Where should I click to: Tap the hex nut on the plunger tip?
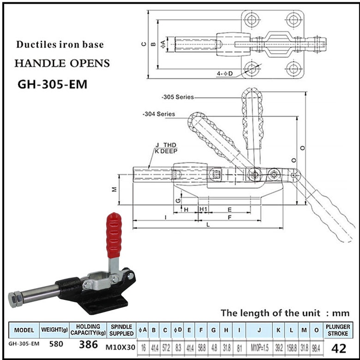(x=14, y=300)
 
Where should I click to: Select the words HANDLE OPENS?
(x=61, y=63)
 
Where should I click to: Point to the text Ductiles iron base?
(x=60, y=45)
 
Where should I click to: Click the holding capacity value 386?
(x=89, y=345)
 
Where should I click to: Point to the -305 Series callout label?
(x=178, y=97)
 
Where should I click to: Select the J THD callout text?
(x=167, y=145)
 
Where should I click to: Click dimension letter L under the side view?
(x=209, y=224)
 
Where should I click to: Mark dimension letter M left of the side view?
(x=114, y=189)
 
